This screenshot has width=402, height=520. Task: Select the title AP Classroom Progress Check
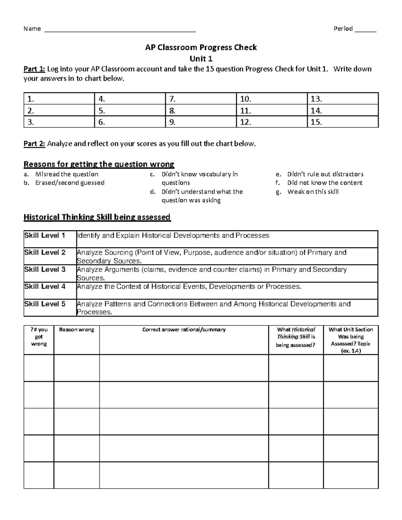(x=201, y=48)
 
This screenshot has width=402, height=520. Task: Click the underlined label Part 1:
(x=34, y=69)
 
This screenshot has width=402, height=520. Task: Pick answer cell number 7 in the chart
(x=201, y=99)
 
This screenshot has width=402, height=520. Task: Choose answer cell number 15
(x=342, y=122)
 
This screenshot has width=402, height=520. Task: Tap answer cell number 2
(x=59, y=110)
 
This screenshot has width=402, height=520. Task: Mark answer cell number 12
(x=272, y=122)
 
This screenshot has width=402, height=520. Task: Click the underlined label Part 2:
(x=34, y=144)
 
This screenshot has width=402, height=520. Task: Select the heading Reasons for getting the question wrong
(x=99, y=164)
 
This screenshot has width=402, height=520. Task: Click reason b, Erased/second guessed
(x=70, y=183)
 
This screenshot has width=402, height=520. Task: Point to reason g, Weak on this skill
(x=313, y=192)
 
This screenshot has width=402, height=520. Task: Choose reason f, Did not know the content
(x=325, y=183)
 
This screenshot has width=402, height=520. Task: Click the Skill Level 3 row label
(x=45, y=270)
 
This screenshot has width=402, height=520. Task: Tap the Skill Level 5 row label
(x=45, y=304)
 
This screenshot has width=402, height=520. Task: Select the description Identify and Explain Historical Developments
(x=173, y=236)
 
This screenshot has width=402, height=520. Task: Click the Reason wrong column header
(x=76, y=330)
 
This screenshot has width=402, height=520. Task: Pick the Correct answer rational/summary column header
(x=184, y=330)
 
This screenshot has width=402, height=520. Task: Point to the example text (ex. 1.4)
(x=351, y=351)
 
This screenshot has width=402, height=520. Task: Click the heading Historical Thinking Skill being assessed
(x=97, y=217)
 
